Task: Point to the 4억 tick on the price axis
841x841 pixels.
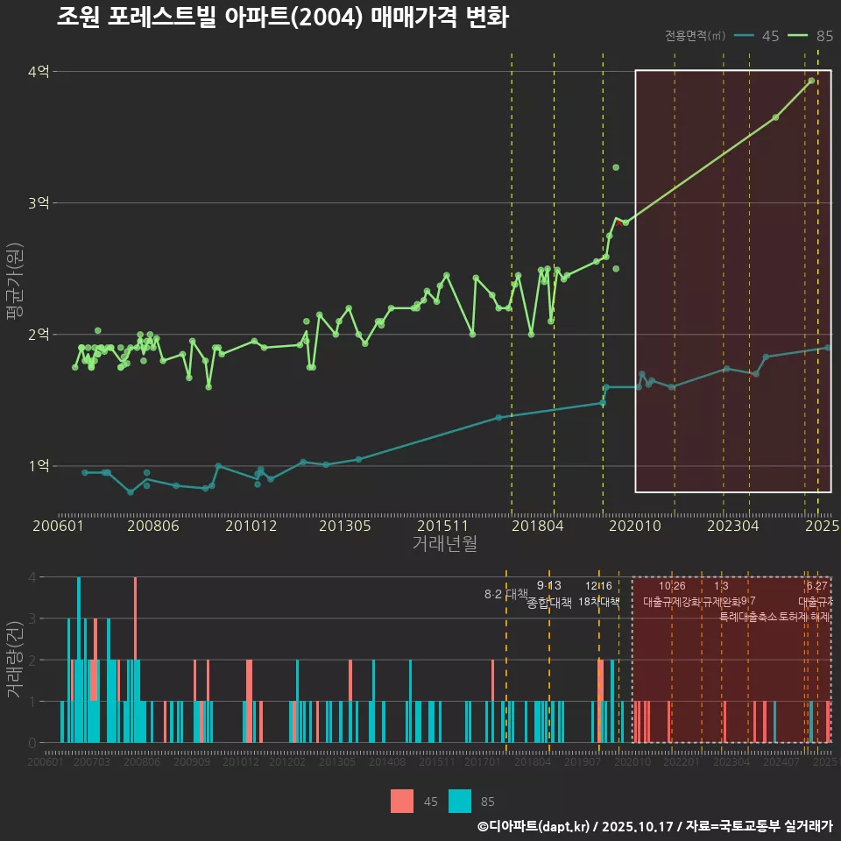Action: (39, 72)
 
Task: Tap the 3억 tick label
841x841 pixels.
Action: (39, 203)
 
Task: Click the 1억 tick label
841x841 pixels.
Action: (39, 466)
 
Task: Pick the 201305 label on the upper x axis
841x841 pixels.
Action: (344, 526)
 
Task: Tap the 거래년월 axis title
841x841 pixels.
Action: (444, 544)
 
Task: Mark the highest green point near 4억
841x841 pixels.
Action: (811, 81)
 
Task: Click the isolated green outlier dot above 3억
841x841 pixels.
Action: (616, 167)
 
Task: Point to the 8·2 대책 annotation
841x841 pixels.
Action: (500, 594)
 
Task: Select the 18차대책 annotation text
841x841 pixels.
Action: (599, 602)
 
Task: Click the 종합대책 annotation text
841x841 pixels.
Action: (549, 602)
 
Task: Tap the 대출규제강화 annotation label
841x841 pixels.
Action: (672, 602)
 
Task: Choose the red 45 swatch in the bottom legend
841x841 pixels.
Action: (402, 801)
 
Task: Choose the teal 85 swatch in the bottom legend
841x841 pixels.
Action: (459, 801)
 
